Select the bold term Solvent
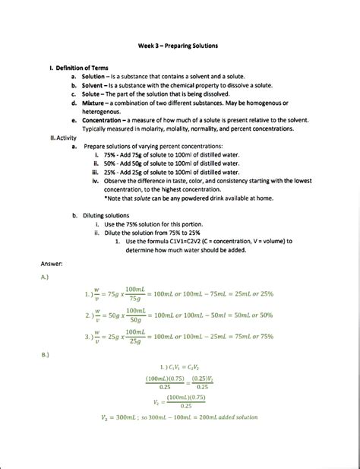(93, 86)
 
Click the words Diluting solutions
(112, 216)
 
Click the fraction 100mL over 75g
(135, 293)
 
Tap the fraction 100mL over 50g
(135, 315)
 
